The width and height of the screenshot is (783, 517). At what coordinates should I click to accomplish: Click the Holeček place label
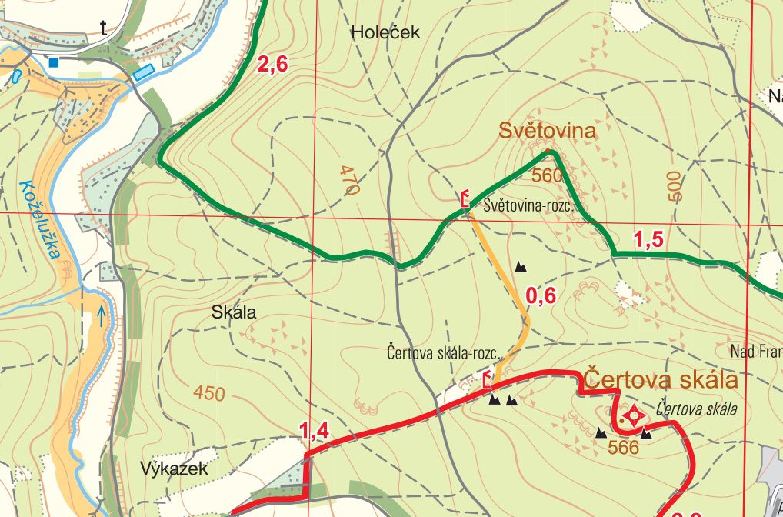point(386,32)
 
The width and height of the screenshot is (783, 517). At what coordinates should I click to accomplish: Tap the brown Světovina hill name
point(547,131)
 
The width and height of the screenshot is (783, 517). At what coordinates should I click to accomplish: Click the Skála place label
point(233,312)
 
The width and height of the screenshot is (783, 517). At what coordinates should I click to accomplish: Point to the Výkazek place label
point(174,469)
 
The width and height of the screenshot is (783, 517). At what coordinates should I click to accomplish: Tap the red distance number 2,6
point(272,65)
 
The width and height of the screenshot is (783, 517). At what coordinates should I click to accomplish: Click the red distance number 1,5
point(648,240)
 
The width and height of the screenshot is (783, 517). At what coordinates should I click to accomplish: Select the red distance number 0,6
point(540,295)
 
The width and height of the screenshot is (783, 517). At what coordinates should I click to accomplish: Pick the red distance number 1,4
point(315,432)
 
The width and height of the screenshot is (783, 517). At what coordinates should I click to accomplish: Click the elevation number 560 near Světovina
point(547,175)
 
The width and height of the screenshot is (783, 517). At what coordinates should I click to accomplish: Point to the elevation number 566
point(623,447)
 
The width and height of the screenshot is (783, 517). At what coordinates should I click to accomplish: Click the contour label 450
point(209,394)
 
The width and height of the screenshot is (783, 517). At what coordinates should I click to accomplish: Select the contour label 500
point(675,186)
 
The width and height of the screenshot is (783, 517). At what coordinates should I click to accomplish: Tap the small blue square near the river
point(54,62)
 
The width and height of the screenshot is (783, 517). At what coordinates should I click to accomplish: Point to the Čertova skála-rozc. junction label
point(444,355)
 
